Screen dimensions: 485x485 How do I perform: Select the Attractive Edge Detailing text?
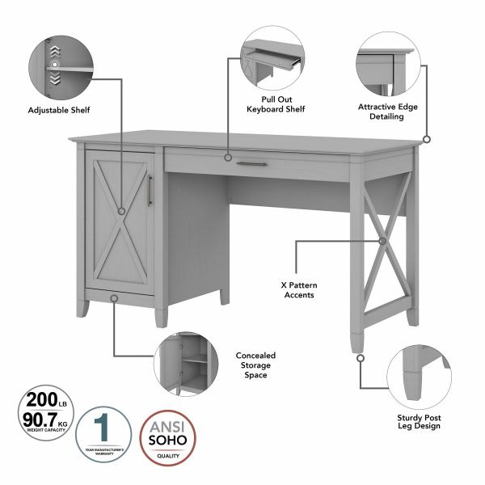coord(392,111)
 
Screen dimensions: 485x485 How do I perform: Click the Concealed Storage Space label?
coord(255,365)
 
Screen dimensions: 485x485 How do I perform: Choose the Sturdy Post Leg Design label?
coord(418,420)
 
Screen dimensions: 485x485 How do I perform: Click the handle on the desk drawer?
coord(256,164)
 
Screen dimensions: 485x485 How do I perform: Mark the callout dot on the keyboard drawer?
coord(229,158)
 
